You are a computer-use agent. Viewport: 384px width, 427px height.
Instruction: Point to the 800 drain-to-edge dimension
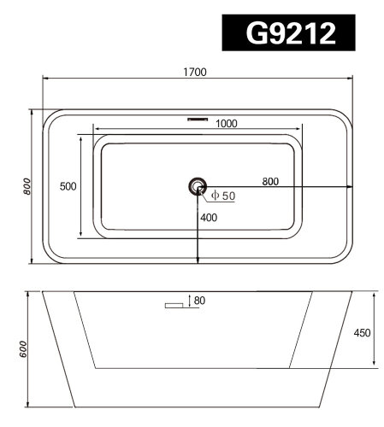pyautogui.click(x=269, y=181)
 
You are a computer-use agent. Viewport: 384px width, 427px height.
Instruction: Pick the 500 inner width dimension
pyautogui.click(x=67, y=186)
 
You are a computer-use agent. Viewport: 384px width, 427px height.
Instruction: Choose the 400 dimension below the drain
pyautogui.click(x=209, y=218)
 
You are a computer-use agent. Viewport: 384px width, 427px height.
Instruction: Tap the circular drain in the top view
pyautogui.click(x=198, y=186)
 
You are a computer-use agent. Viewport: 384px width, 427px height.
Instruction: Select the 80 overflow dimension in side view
pyautogui.click(x=201, y=300)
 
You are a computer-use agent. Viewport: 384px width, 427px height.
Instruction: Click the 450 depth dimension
pyautogui.click(x=361, y=332)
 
